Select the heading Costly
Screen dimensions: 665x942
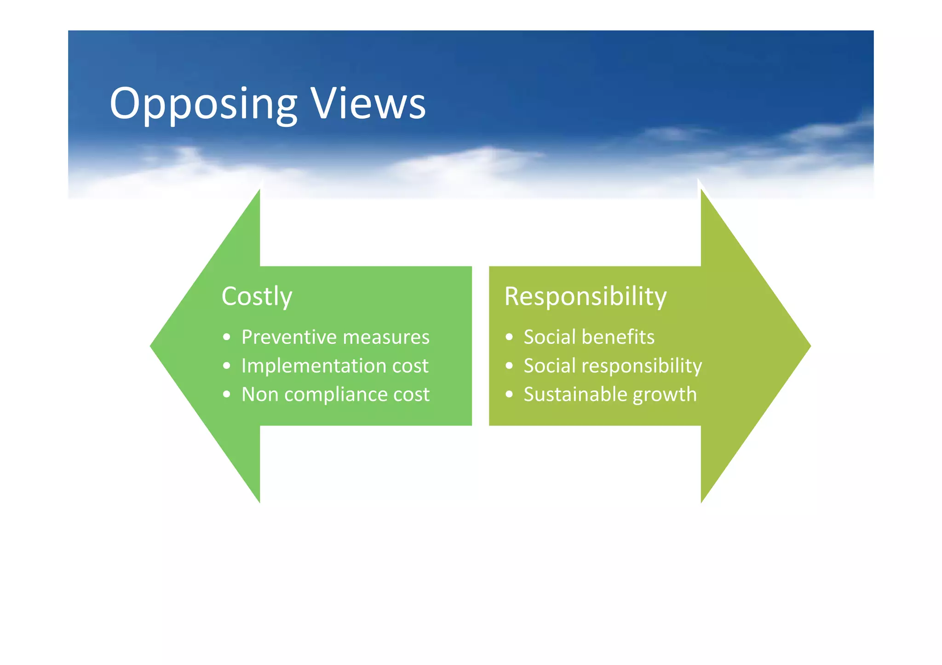(x=257, y=296)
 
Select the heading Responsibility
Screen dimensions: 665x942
(x=585, y=296)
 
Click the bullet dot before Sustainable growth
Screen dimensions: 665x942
(x=509, y=394)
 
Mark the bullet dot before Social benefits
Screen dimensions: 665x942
(x=509, y=337)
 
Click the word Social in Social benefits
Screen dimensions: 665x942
(x=549, y=337)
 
